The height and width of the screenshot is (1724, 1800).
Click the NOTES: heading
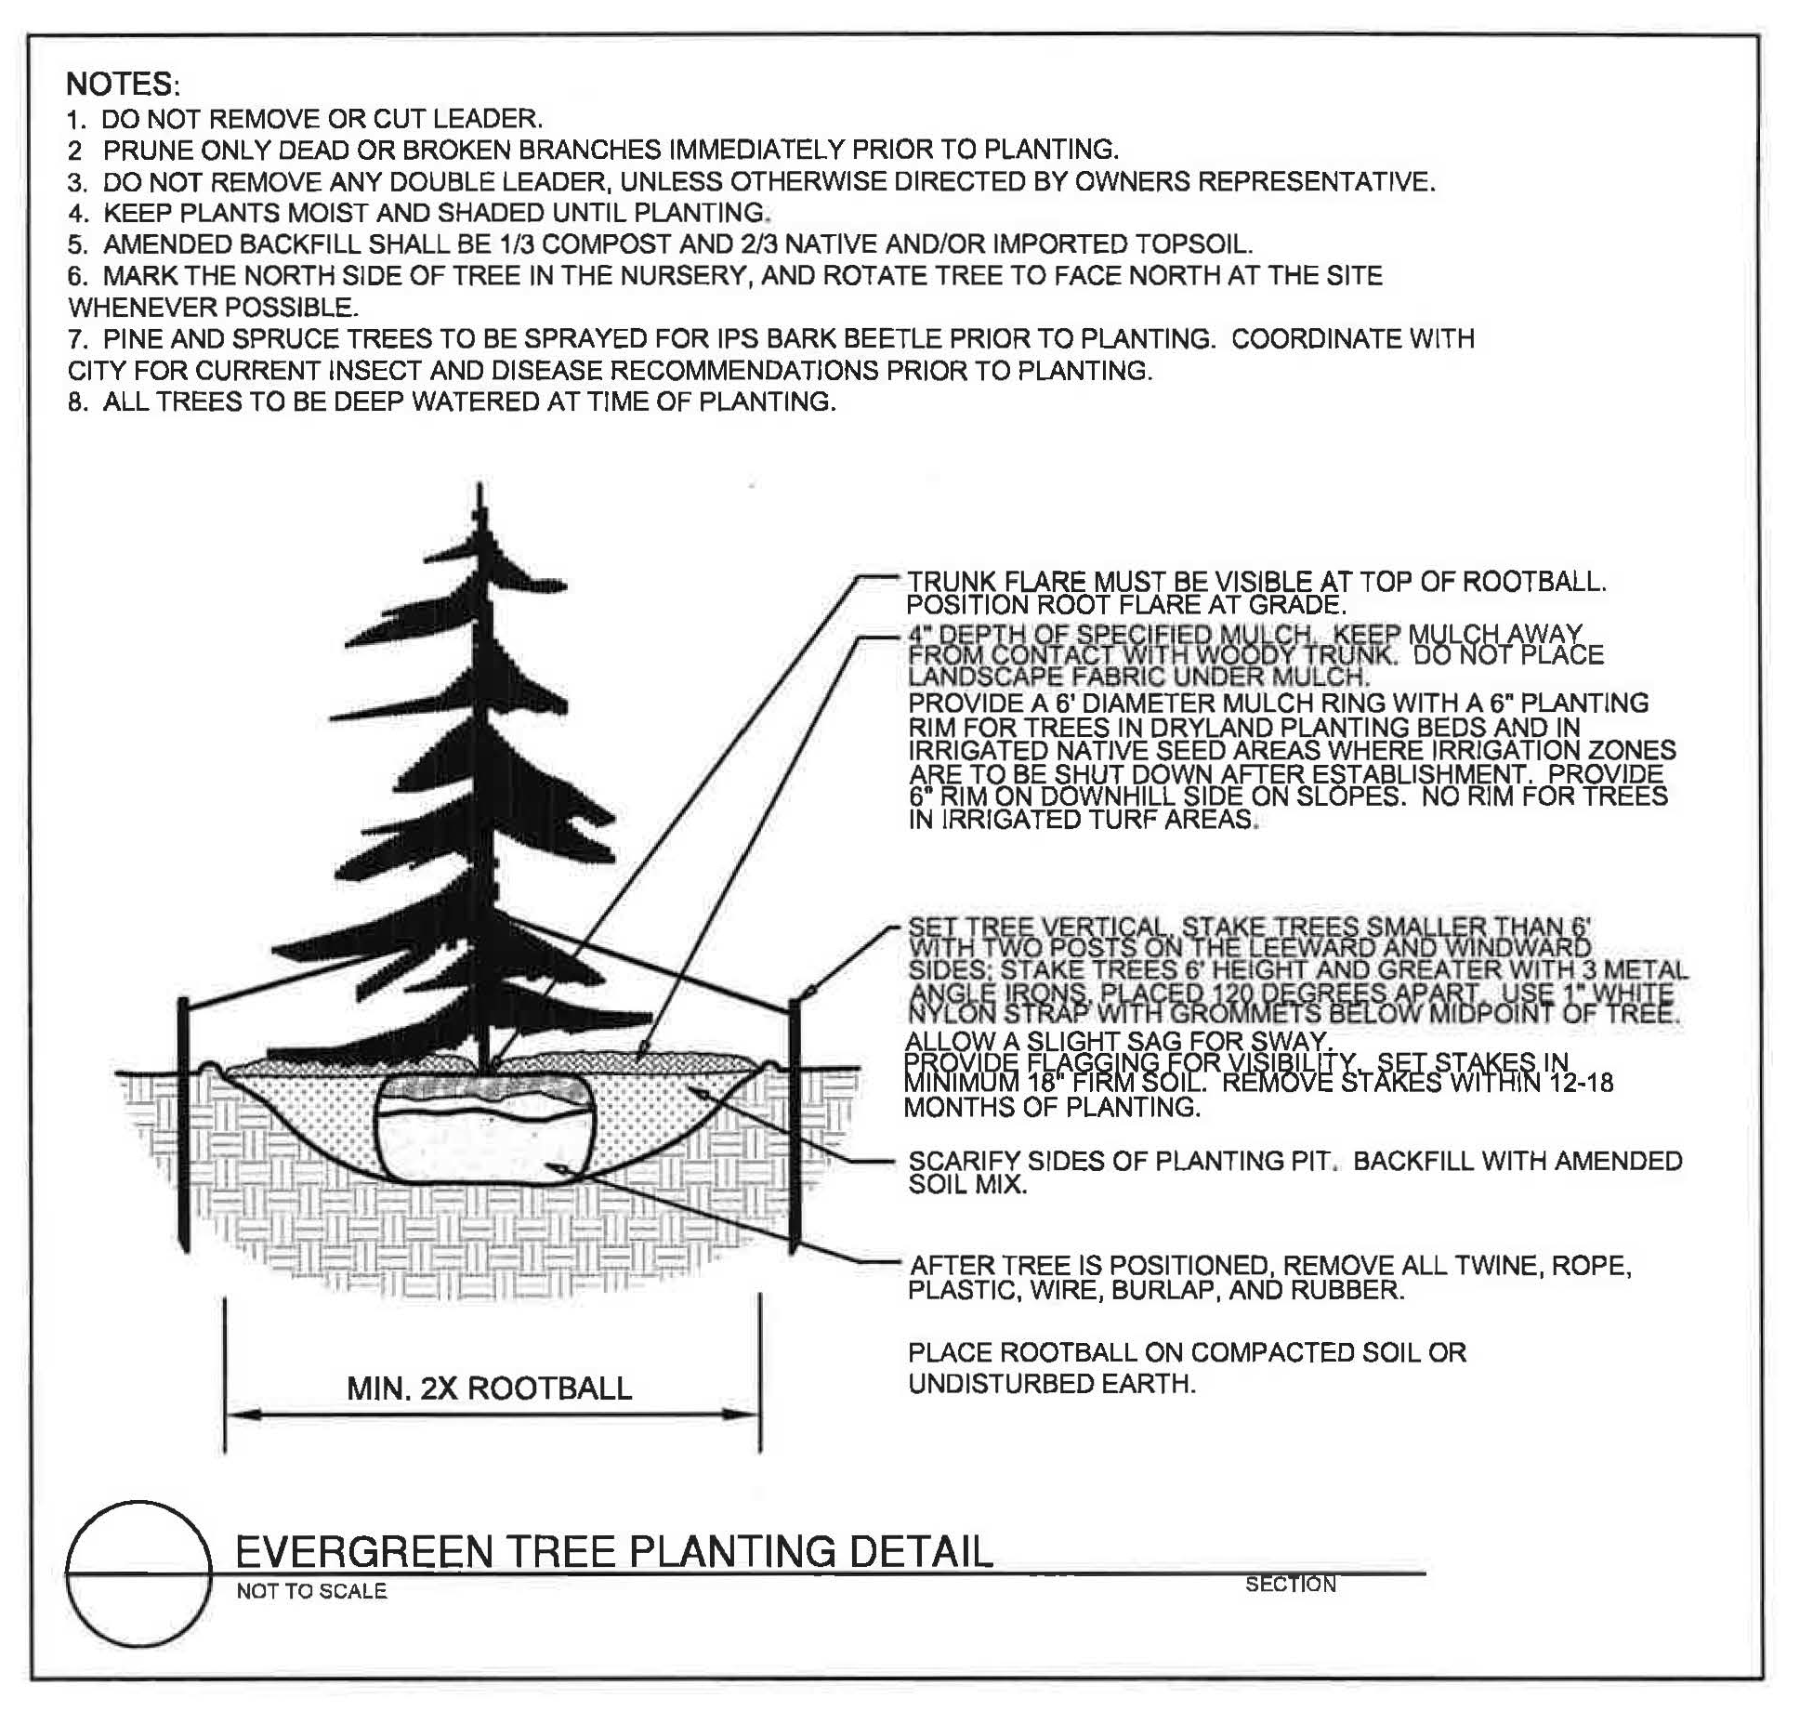[x=122, y=85]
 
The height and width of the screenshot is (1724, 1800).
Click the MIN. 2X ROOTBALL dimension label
[x=489, y=1388]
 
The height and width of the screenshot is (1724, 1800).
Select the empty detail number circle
[x=138, y=1573]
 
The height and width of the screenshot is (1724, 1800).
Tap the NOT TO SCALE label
[x=311, y=1591]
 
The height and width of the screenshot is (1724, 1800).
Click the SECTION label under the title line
[x=1290, y=1585]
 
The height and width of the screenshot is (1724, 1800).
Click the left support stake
[x=184, y=1125]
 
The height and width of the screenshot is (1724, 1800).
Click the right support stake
[x=795, y=1125]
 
